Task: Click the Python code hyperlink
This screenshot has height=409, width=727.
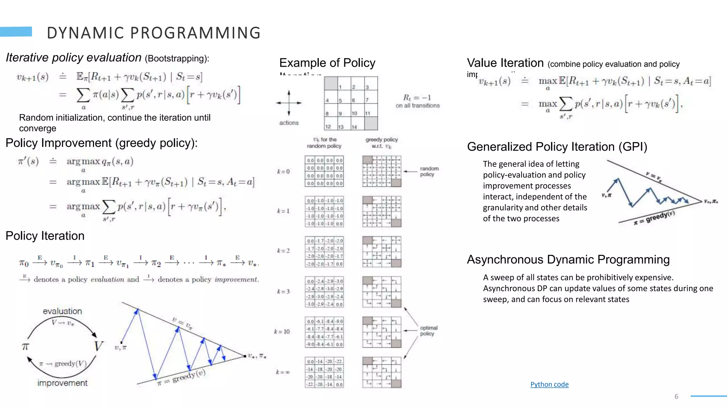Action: coord(549,384)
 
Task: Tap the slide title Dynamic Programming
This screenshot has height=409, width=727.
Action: coord(154,33)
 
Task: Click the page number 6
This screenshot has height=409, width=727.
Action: coord(676,397)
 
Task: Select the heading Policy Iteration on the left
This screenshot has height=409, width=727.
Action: coord(45,236)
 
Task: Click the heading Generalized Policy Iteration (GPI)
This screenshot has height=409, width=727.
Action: coord(557,147)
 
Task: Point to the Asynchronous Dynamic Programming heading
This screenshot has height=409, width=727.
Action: coord(568,260)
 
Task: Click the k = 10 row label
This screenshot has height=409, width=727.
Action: coord(282,332)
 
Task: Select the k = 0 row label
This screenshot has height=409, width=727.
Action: coord(283,171)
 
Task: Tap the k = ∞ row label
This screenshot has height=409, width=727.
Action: coord(283,372)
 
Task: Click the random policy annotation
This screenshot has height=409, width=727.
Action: coord(429,171)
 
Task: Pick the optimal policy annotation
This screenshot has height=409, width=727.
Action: coord(428,331)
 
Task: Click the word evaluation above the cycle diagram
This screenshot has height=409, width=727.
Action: coord(62,311)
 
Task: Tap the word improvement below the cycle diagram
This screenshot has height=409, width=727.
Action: coord(62,383)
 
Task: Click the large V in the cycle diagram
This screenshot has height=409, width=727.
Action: coord(98,346)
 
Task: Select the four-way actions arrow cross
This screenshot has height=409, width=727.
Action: coord(289,103)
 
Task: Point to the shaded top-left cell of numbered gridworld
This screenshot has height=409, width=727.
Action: coord(331,83)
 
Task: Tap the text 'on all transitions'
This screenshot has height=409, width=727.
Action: coord(417,105)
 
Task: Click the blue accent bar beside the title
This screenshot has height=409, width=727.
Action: coord(16,32)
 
